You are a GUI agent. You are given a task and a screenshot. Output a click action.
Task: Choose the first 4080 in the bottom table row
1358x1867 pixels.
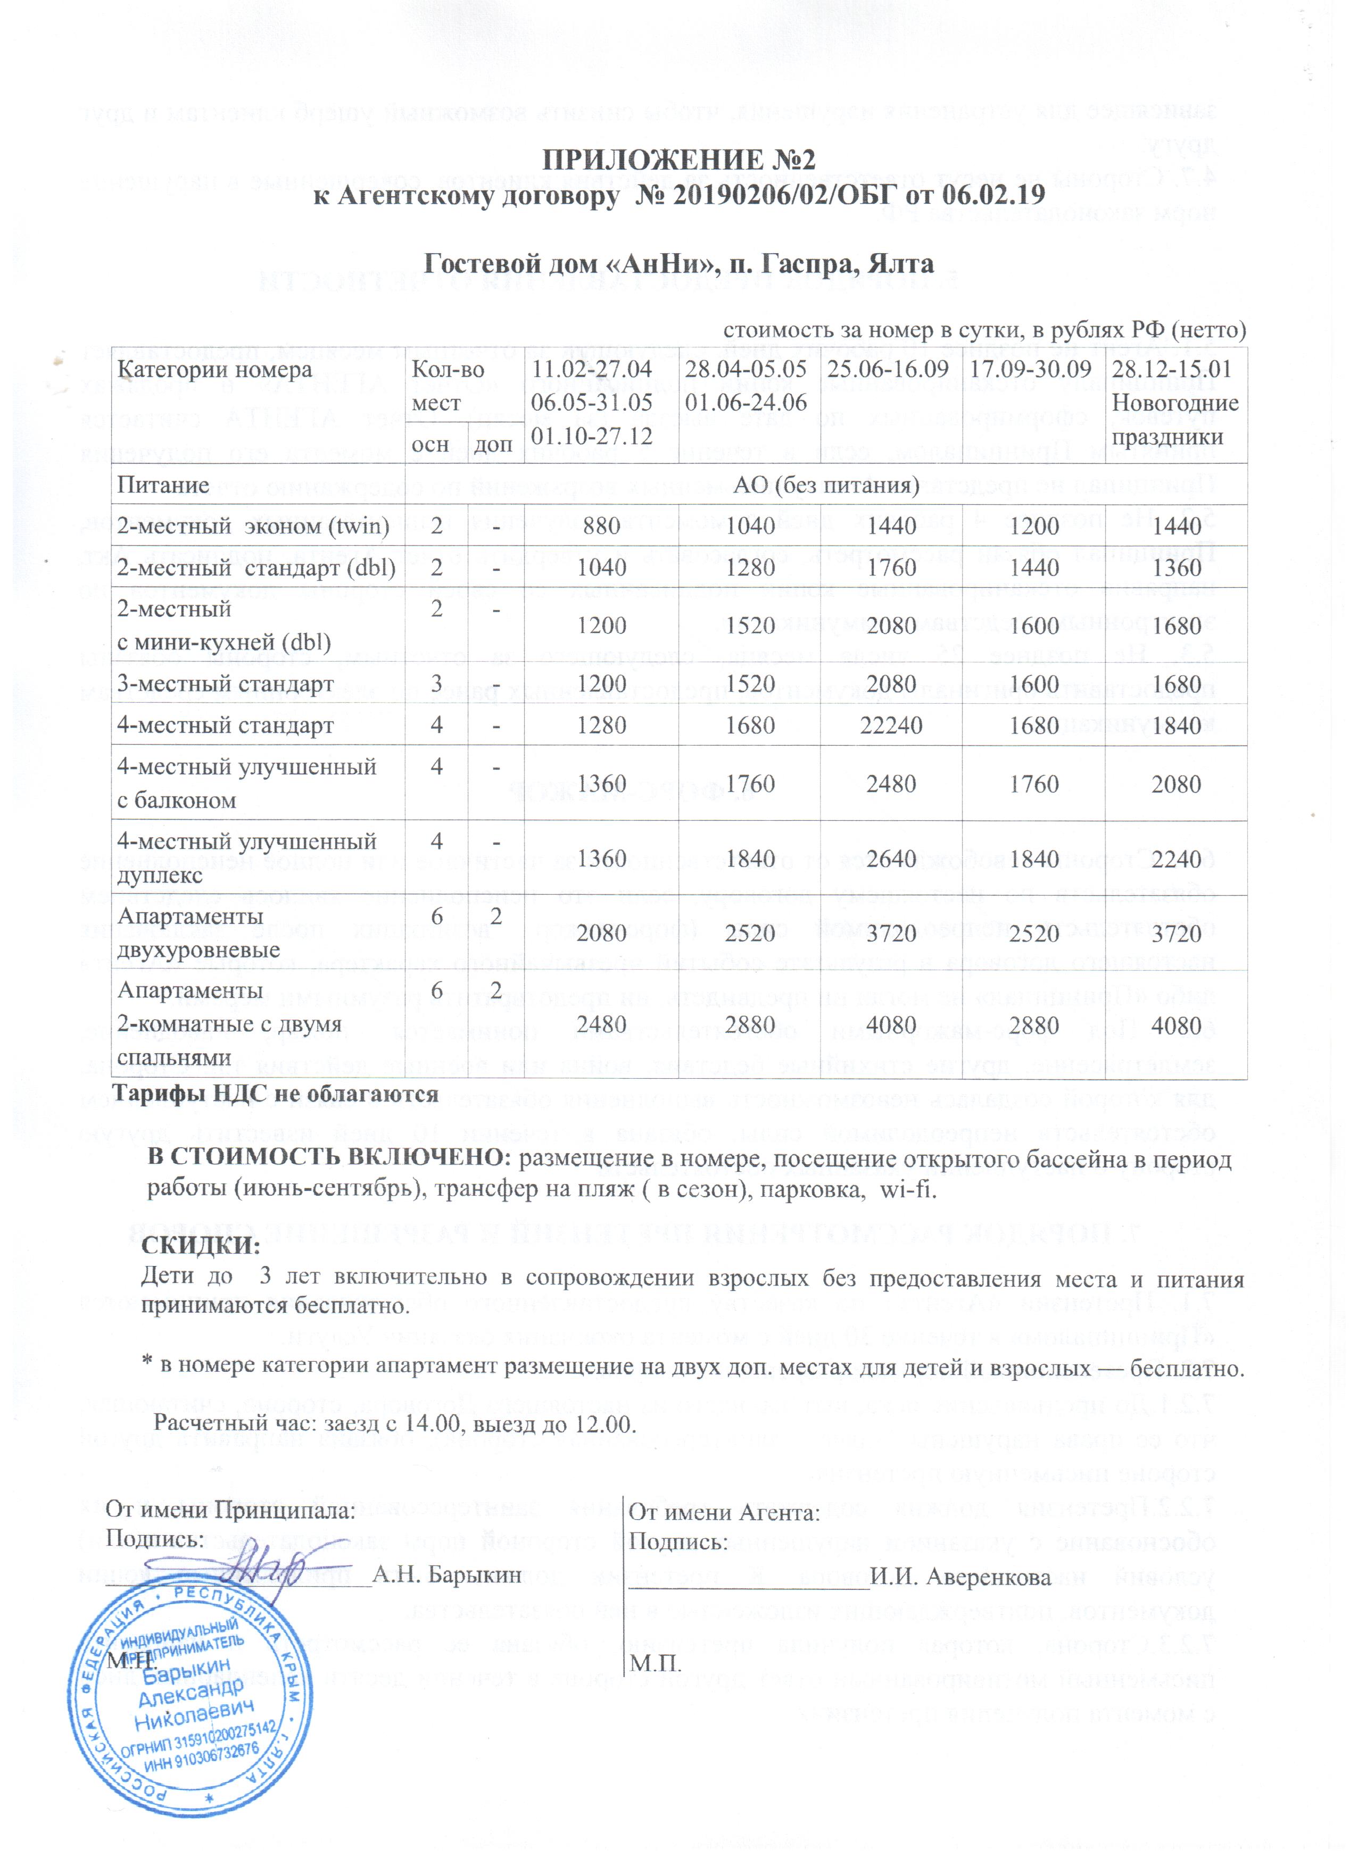891,1026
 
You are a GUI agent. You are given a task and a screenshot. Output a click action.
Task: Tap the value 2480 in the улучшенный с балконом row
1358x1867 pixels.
891,784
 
